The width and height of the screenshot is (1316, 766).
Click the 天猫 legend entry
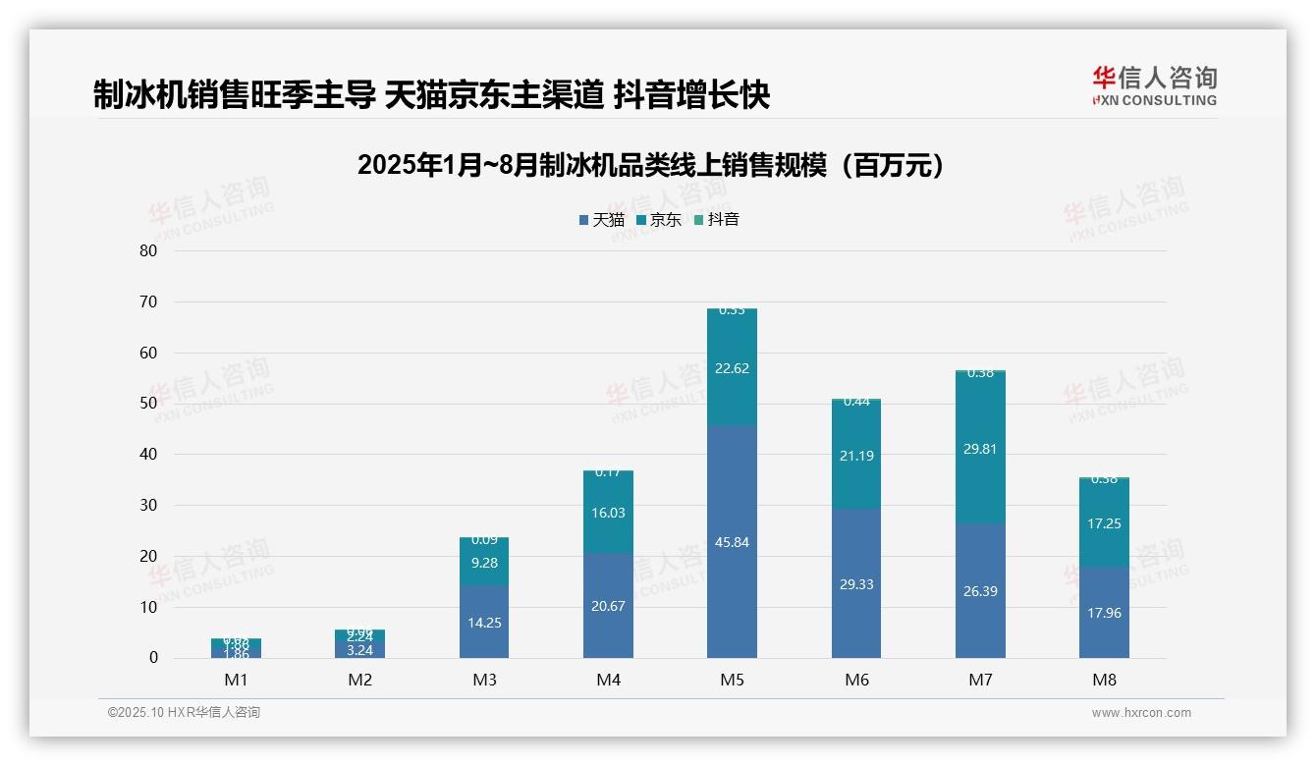coord(602,220)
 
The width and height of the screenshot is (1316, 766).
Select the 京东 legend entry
coord(659,220)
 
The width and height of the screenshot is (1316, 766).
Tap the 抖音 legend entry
coord(716,220)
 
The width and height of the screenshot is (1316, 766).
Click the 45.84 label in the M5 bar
coord(732,542)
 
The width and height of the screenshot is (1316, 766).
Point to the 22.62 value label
coord(732,368)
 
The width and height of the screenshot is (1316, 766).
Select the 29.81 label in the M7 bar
coord(980,449)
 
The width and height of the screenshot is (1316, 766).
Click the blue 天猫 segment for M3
coord(484,622)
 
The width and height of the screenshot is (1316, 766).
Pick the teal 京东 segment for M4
coord(608,513)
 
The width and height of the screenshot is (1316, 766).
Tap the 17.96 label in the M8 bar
coord(1104,614)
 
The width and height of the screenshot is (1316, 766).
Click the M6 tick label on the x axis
coord(856,680)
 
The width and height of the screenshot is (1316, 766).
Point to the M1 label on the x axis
coord(236,680)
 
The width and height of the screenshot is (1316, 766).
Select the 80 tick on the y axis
coord(148,250)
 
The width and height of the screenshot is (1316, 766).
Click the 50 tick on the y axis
coord(148,404)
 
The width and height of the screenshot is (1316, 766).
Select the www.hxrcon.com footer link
coord(1141,713)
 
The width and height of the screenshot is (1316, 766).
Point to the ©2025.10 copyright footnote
coord(184,713)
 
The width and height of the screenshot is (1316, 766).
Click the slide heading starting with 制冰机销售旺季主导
coord(431,95)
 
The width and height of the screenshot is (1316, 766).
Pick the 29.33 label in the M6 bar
coord(856,584)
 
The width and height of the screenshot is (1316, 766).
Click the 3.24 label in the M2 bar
coord(360,650)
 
